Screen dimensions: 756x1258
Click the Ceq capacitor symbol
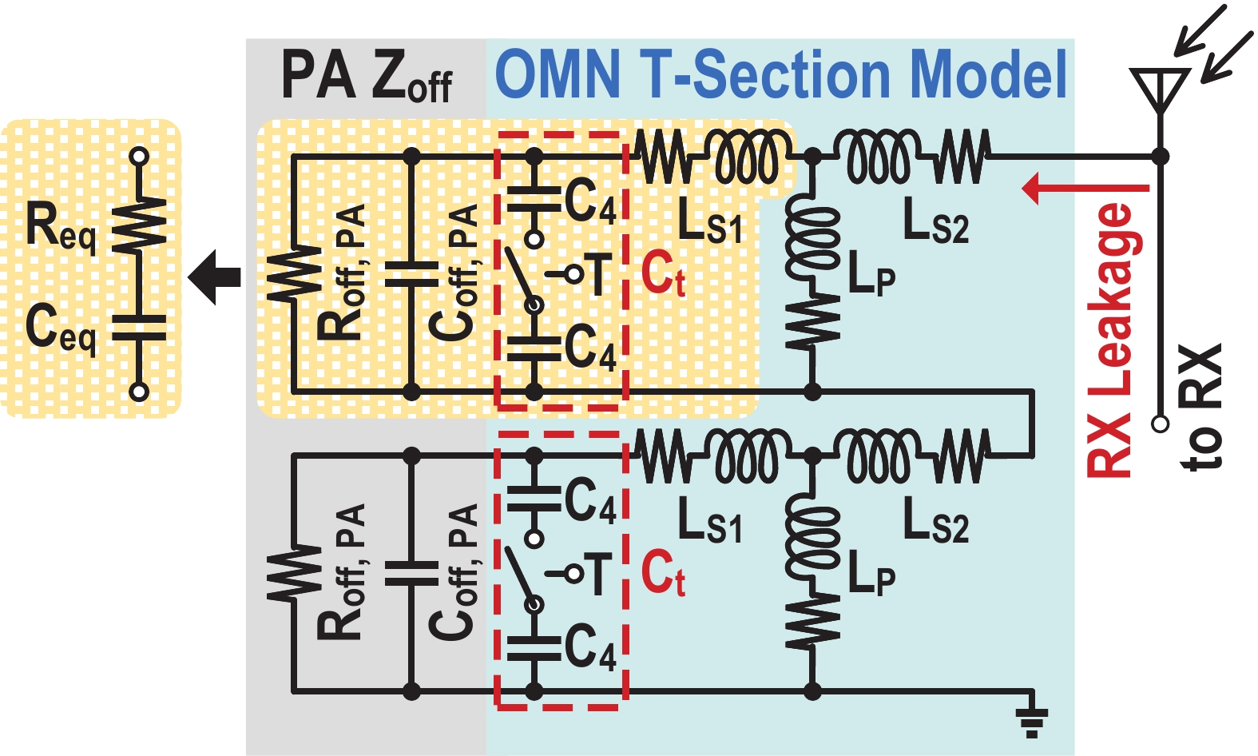[x=139, y=328]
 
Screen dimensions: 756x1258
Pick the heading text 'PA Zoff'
[x=366, y=77]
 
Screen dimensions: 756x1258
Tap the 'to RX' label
[x=1201, y=408]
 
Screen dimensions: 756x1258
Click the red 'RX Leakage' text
[x=1110, y=340]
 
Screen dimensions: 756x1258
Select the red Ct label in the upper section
[x=663, y=274]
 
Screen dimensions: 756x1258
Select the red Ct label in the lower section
[x=663, y=573]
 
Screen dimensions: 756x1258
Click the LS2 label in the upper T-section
[x=935, y=221]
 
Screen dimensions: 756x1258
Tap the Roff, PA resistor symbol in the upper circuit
[x=295, y=274]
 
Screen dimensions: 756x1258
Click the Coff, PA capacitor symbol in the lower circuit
[x=411, y=573]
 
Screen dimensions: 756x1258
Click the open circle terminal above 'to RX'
[x=1161, y=423]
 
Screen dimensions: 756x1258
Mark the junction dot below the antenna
[x=1161, y=157]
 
